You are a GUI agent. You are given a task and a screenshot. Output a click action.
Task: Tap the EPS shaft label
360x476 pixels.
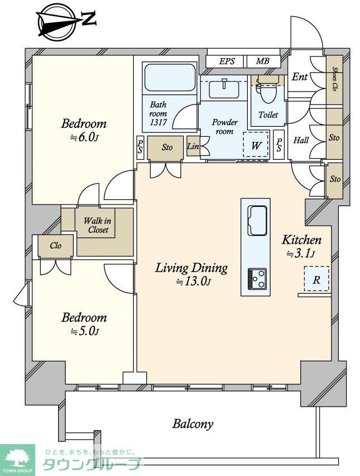pos(227,61)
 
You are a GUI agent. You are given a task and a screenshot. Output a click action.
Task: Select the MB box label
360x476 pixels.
pos(262,61)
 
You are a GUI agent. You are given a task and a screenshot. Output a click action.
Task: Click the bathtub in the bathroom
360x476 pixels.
pos(170,77)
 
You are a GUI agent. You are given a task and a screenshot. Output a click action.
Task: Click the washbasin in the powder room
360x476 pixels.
pos(224,88)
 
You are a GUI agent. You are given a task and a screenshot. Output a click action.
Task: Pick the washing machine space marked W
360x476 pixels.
pos(256,145)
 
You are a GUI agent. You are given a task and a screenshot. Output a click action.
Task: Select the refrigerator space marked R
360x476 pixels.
pos(316,279)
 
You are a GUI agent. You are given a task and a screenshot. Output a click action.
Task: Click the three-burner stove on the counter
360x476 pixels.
pos(257,279)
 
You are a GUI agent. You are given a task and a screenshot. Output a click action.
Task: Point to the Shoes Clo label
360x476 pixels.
pos(334,79)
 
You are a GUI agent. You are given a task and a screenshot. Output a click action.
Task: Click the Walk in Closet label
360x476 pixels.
pos(98,225)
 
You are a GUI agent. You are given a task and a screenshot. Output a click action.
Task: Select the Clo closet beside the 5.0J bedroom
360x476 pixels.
pos(56,246)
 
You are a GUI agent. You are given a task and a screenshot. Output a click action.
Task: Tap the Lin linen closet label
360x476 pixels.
pos(193,146)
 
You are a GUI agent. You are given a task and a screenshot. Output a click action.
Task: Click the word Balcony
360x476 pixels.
pos(193,424)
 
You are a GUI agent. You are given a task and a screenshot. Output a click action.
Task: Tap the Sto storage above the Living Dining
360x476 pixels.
pos(167,147)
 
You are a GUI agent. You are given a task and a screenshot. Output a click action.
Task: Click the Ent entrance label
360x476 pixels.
pos(300,77)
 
